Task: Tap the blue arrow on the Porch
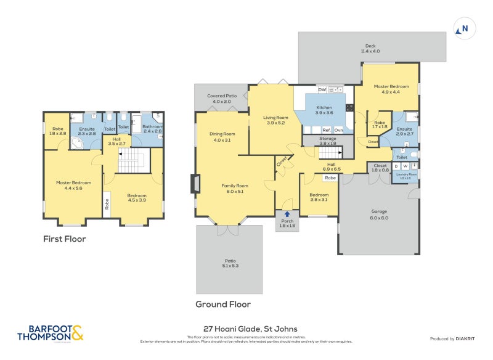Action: click(x=287, y=215)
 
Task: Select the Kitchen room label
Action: click(x=324, y=110)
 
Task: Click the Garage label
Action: click(x=379, y=213)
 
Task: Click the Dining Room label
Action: click(x=222, y=137)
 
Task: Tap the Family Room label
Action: click(x=235, y=188)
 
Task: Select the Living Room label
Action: click(x=275, y=120)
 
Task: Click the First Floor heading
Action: click(x=64, y=239)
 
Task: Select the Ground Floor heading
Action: click(x=223, y=304)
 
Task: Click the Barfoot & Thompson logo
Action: click(x=51, y=333)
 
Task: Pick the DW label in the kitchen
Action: click(x=322, y=90)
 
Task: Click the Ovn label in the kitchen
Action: click(x=338, y=130)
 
